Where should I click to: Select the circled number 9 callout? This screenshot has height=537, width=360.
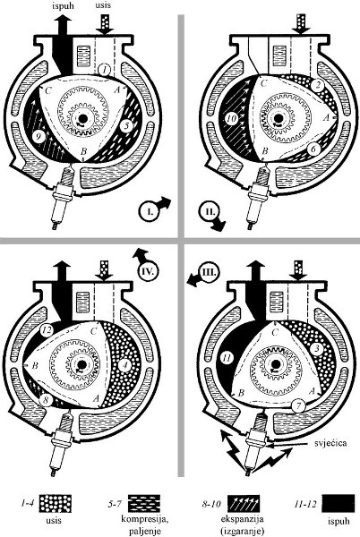click(38, 136)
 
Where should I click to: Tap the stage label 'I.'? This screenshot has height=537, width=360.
click(149, 212)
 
